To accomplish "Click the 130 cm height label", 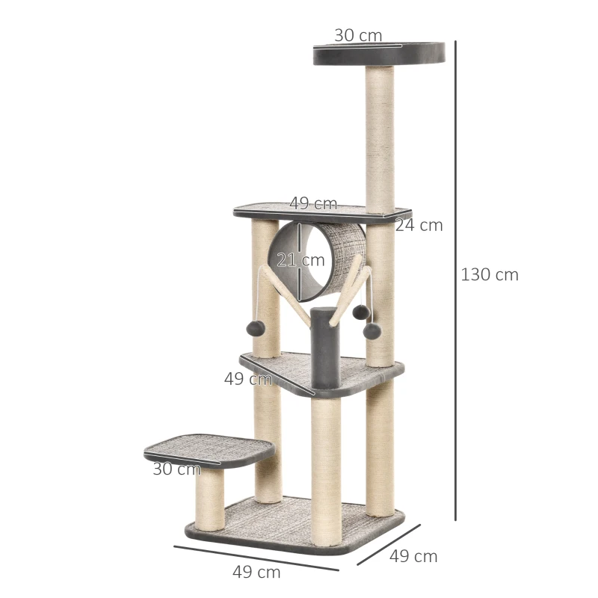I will coord(490,274).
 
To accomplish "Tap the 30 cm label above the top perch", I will coord(358,35).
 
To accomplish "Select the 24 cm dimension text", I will coord(419,225).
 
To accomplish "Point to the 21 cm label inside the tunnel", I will coord(300,260).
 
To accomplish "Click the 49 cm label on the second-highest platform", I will coord(313,203).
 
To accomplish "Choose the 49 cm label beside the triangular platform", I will coord(247,379).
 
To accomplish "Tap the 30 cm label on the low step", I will coord(176,469).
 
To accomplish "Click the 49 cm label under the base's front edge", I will coord(256,573).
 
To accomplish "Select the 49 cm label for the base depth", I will coord(413,556).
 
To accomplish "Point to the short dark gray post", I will coord(325,348).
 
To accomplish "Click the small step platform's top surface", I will coord(209,447).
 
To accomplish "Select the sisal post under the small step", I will coord(209,499).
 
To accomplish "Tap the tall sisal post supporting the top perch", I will coord(380,138).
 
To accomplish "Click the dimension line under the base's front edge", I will coord(256,558).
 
